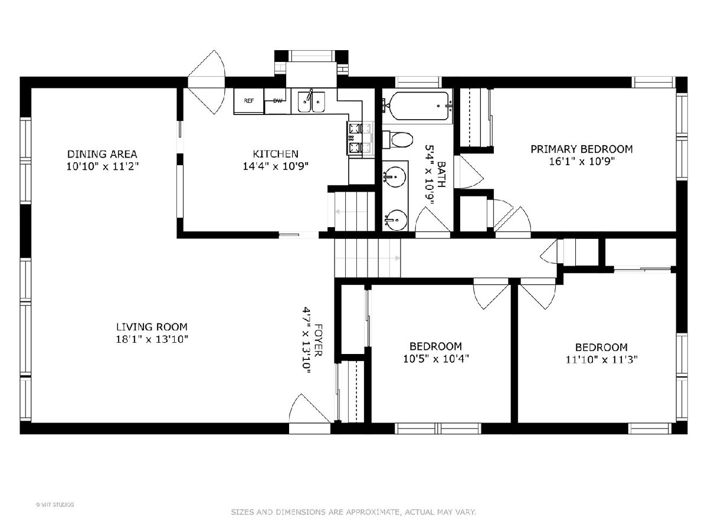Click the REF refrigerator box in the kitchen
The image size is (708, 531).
[249, 100]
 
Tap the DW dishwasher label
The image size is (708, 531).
[278, 100]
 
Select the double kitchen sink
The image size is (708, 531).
[312, 101]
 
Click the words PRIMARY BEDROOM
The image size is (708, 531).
[582, 149]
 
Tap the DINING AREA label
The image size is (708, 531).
[102, 154]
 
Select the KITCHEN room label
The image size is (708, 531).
[275, 153]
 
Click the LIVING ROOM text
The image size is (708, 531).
[152, 327]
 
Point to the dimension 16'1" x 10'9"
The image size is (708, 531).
[582, 161]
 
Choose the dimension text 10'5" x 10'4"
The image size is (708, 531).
[436, 359]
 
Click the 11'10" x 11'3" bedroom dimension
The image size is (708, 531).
[602, 359]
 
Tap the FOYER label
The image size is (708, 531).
[317, 340]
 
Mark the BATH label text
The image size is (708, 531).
[441, 175]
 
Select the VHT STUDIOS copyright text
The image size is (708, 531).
[55, 504]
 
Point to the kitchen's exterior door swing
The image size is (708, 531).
[206, 82]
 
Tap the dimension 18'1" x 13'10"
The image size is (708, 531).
[152, 339]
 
